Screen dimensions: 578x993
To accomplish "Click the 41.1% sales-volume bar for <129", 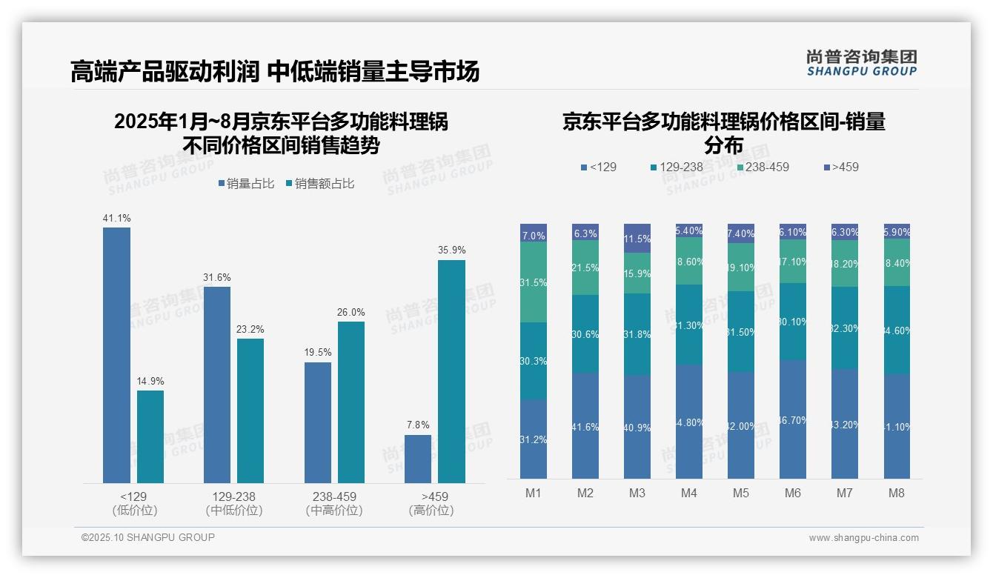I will (116, 355).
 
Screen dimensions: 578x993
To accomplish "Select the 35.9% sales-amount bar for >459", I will (451, 371).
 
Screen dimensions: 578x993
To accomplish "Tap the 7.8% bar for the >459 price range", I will (417, 459).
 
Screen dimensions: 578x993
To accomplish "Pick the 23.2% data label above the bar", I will (250, 329).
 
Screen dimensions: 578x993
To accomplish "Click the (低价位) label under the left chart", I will (134, 511).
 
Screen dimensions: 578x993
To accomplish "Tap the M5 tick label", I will (741, 494).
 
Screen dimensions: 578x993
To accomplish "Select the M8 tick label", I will (897, 494).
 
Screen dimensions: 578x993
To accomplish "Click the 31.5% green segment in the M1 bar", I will (534, 282).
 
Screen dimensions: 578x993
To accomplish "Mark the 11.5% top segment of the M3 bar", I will (637, 239).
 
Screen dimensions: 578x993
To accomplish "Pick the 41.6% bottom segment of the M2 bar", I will (585, 426).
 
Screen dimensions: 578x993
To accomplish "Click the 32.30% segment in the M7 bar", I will (845, 328).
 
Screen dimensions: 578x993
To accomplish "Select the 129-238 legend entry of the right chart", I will (676, 167).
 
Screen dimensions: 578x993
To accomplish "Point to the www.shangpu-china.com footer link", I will (863, 538).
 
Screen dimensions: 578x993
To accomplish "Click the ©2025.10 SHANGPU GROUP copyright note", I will (148, 537).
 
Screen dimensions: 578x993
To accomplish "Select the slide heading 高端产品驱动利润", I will (165, 71).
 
